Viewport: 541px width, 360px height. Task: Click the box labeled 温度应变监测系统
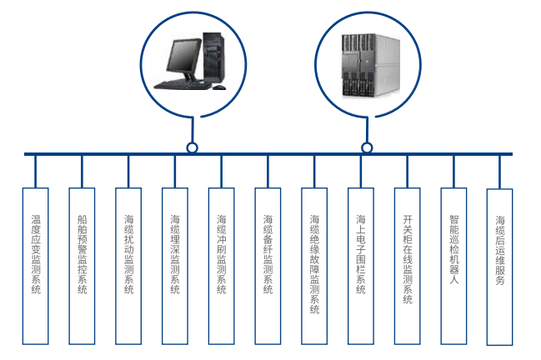click(x=36, y=266)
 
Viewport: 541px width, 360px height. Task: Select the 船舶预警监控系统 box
click(x=82, y=266)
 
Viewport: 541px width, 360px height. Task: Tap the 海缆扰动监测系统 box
click(x=128, y=266)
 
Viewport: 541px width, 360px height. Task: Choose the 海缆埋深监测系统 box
click(x=174, y=266)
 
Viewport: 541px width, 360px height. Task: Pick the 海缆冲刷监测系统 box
click(x=221, y=266)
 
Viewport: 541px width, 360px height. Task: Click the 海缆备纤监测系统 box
click(x=268, y=266)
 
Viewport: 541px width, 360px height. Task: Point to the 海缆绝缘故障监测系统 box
click(x=314, y=266)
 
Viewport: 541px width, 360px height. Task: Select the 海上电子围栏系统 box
click(x=361, y=266)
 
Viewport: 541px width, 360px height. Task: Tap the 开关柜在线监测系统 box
click(x=407, y=266)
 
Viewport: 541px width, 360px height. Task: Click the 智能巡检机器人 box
click(x=453, y=266)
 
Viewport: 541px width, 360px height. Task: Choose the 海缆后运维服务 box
click(x=499, y=266)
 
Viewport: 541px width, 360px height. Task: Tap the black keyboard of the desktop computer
click(x=182, y=84)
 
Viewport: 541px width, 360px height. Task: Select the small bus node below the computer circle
click(x=193, y=148)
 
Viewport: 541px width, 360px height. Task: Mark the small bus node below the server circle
click(x=367, y=148)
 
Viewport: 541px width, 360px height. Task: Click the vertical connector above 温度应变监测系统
click(x=36, y=171)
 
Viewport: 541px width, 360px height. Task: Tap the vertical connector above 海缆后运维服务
click(x=499, y=171)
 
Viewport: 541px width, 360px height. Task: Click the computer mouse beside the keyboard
click(x=218, y=87)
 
